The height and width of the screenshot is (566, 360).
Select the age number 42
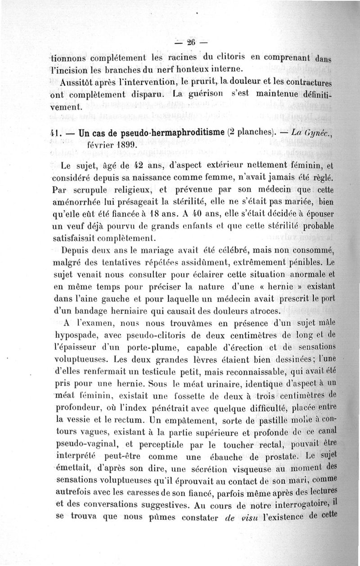132,165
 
